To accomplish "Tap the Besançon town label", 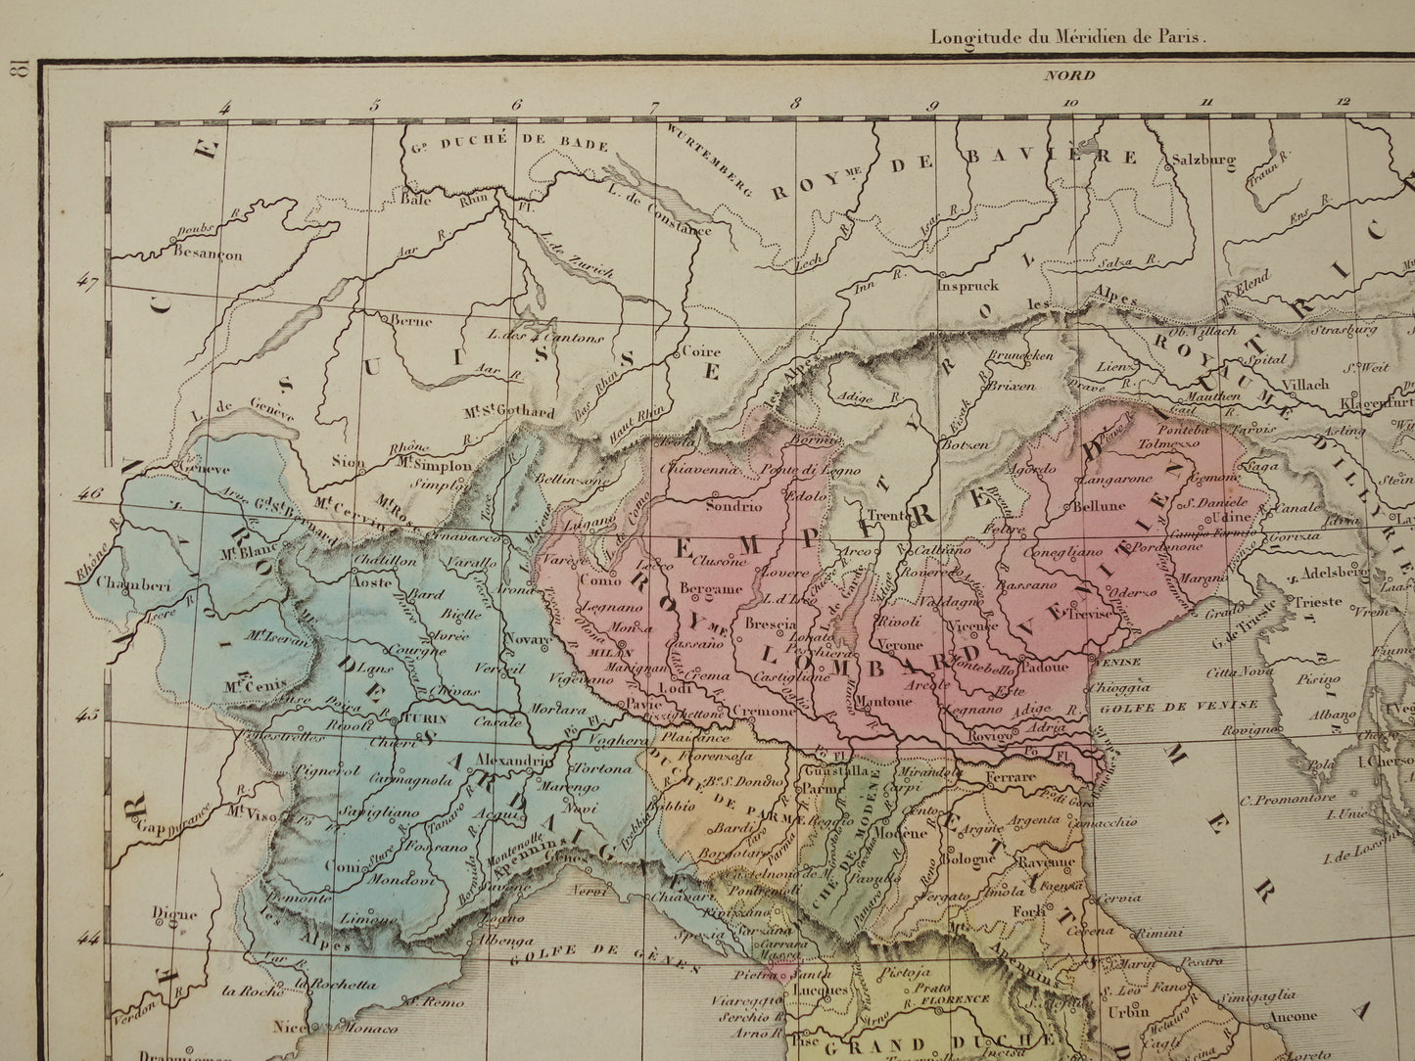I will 207,255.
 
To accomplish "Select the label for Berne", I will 411,321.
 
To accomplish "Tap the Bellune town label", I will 1100,507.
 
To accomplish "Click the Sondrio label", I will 734,507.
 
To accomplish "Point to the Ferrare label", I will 1011,777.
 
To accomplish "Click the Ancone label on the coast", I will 1293,1016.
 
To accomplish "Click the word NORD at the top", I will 1068,75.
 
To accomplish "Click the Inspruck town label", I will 967,287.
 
